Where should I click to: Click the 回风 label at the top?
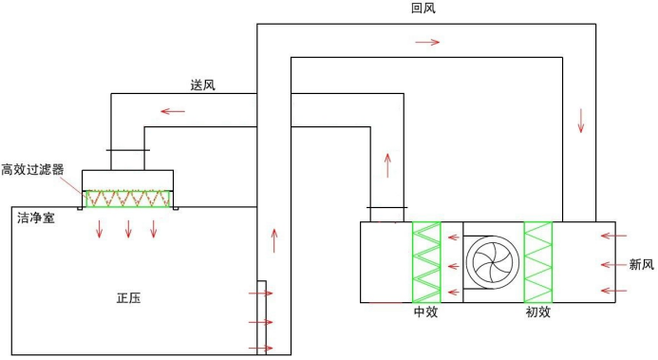point(423,9)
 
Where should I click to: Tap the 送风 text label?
point(202,85)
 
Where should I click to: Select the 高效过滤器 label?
point(32,170)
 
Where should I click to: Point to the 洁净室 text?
point(35,218)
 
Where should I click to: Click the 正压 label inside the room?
point(128,297)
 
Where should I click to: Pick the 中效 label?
point(425,312)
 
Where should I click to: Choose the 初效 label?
point(538,312)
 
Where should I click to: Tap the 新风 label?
point(642,264)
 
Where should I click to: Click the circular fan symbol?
point(492,261)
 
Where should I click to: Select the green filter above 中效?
point(426,262)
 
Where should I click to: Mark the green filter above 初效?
point(538,262)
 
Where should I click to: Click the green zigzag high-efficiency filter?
point(129,199)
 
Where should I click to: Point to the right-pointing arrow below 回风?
point(427,42)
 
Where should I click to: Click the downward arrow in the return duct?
point(580,121)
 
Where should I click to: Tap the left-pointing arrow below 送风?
point(173,111)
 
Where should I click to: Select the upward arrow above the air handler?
point(387,164)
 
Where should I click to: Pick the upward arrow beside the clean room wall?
point(275,239)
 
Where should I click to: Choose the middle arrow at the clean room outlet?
point(260,322)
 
